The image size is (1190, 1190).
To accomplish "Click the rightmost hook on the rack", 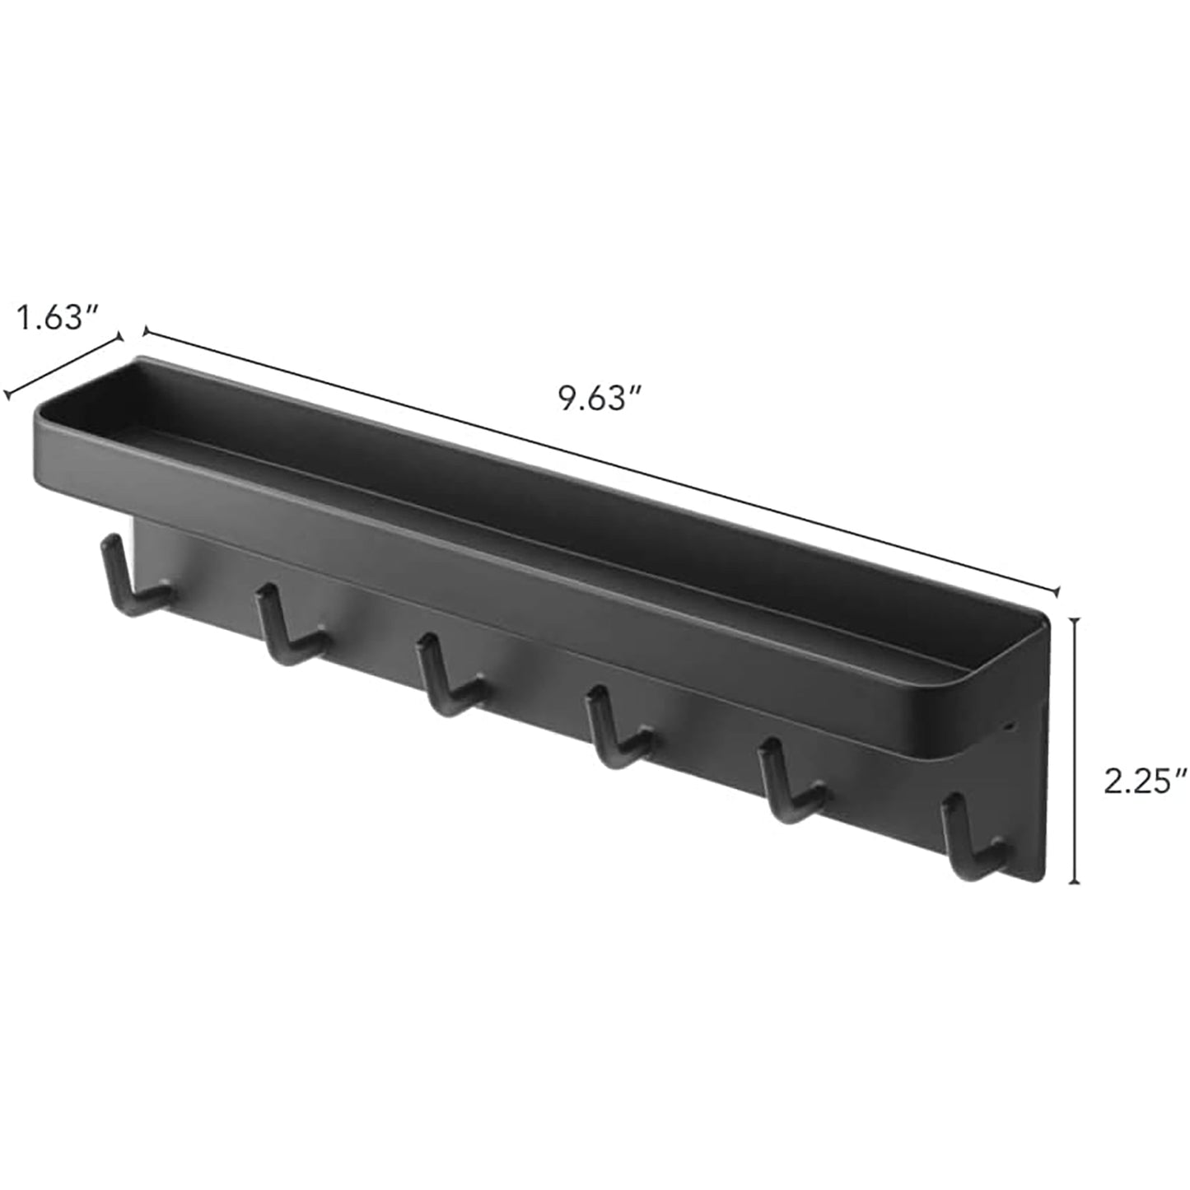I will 972,841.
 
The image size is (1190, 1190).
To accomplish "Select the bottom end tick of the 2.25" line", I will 1074,883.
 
